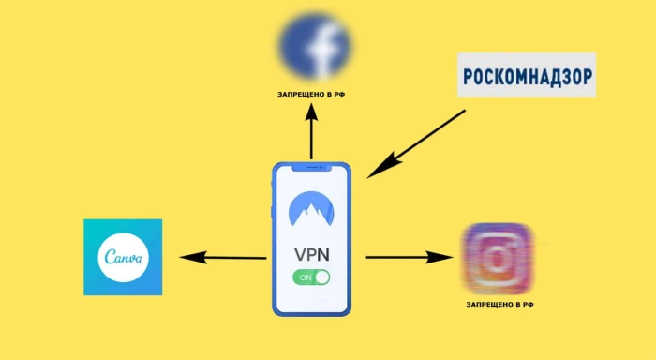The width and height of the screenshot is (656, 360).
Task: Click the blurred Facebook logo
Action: pyautogui.click(x=315, y=46)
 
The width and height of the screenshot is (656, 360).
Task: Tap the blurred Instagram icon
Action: pyautogui.click(x=497, y=258)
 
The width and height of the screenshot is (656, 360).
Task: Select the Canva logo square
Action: pyautogui.click(x=123, y=257)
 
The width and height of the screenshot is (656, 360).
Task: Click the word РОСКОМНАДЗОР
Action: pyautogui.click(x=527, y=77)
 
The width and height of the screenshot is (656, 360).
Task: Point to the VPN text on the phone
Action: pyautogui.click(x=312, y=254)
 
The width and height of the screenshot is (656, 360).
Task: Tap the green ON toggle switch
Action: pyautogui.click(x=311, y=277)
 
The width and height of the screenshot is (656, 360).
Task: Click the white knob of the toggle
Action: pyautogui.click(x=322, y=277)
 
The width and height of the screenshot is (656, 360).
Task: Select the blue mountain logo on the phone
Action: pyautogui.click(x=311, y=209)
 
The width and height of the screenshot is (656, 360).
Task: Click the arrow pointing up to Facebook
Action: pyautogui.click(x=311, y=131)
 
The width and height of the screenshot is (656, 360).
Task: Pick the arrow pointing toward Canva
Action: pyautogui.click(x=223, y=257)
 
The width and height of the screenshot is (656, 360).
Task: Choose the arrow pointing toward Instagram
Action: pyautogui.click(x=410, y=257)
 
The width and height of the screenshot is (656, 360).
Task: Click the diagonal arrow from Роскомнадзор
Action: pyautogui.click(x=416, y=144)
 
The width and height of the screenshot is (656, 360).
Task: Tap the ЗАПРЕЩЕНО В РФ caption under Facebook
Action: pyautogui.click(x=311, y=95)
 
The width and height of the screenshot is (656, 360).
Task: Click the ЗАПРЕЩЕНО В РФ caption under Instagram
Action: pyautogui.click(x=499, y=305)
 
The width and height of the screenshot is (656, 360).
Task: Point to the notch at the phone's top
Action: pyautogui.click(x=312, y=168)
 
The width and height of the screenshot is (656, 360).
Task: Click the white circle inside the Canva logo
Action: pyautogui.click(x=123, y=257)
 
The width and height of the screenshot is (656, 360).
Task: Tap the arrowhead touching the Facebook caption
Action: pyautogui.click(x=311, y=112)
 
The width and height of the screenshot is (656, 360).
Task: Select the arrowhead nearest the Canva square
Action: pyautogui.click(x=193, y=257)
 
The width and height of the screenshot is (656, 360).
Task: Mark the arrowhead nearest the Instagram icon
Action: pyautogui.click(x=440, y=257)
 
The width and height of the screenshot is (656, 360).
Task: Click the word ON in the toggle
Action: pyautogui.click(x=306, y=277)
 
